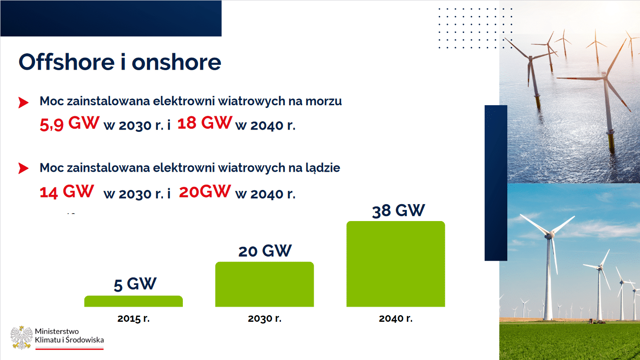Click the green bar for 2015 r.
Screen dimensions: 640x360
(134, 301)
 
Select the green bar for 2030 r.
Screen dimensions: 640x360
(265, 284)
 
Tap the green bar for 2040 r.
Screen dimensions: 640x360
(396, 264)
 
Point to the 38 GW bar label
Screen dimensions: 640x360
(398, 211)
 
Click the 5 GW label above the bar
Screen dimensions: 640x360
(135, 284)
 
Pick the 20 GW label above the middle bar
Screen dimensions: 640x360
(265, 251)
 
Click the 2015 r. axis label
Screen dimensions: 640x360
(134, 318)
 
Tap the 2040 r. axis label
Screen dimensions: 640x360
(396, 318)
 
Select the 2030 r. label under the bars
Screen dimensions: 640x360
(265, 318)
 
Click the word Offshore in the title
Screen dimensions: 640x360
(67, 62)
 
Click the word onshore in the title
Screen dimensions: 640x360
(176, 62)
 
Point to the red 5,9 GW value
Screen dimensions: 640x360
(69, 123)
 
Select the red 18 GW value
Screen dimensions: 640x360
(205, 123)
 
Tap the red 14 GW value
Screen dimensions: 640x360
(67, 191)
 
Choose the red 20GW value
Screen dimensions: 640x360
(205, 191)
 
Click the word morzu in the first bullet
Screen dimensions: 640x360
(324, 101)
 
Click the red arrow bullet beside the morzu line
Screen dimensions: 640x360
(24, 103)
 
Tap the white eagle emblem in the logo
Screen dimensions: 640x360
(21, 337)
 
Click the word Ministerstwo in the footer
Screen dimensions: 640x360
(57, 332)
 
